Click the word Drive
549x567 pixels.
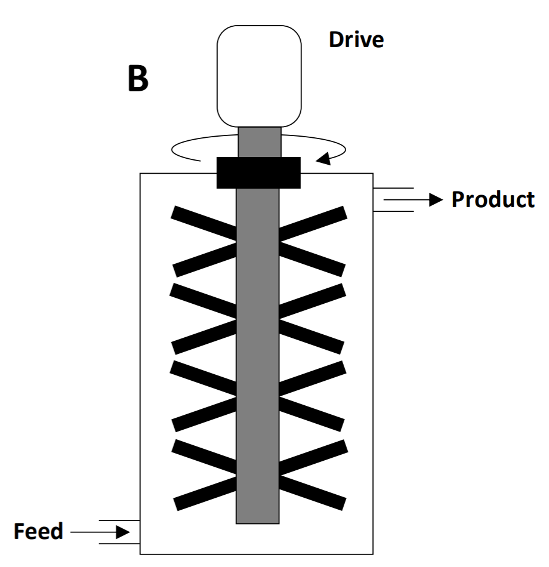click(356, 40)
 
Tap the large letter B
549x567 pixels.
click(138, 79)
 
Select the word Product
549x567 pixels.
click(492, 199)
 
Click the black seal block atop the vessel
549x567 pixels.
click(258, 172)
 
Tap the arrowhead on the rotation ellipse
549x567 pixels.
click(324, 159)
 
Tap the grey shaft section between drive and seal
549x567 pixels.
click(260, 141)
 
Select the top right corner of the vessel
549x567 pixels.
click(373, 174)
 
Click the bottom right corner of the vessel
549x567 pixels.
click(373, 554)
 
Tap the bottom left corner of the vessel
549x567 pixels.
click(140, 554)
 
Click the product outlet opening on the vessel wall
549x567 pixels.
click(374, 200)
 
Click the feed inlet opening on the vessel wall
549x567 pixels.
click(140, 531)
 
